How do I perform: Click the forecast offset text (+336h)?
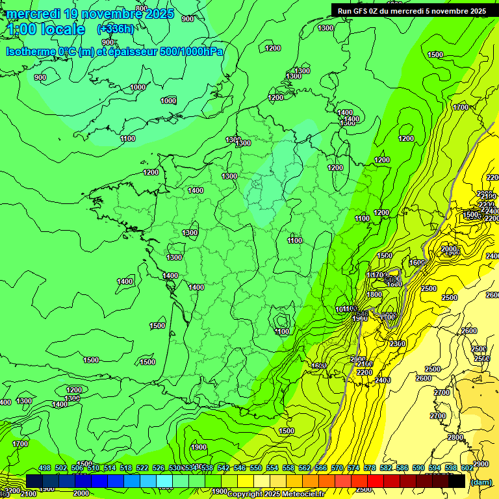click(115, 29)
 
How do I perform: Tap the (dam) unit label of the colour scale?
click(481, 481)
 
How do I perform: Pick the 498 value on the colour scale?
click(45, 468)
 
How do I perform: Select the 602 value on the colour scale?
click(467, 468)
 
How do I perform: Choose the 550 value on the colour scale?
click(256, 468)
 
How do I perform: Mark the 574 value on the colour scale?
click(353, 468)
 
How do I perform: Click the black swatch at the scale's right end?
click(457, 481)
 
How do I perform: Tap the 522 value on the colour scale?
click(142, 468)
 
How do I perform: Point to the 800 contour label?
click(151, 8)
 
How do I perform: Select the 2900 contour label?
click(481, 464)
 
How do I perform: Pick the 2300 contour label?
click(398, 344)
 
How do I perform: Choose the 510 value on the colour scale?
click(94, 468)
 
